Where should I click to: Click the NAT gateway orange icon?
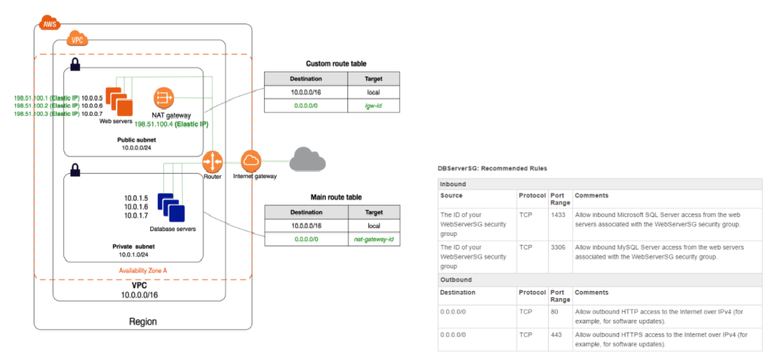tap(163, 97)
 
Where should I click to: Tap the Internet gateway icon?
tap(251, 161)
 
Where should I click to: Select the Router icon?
tap(212, 162)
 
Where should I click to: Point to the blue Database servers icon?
tap(171, 207)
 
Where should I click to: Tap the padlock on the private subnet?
tap(75, 168)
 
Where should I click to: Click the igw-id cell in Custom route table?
tap(374, 106)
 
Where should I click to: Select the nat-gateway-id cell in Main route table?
tap(374, 239)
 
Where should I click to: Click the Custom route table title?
tap(336, 63)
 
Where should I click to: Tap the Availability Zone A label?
tap(143, 270)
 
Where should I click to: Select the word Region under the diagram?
tap(143, 321)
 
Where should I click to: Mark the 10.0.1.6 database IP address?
tap(137, 206)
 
